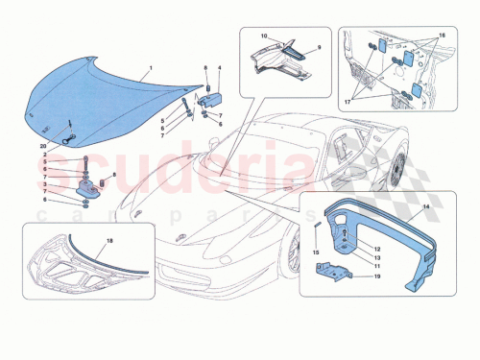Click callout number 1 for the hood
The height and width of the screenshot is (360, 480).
[150, 70]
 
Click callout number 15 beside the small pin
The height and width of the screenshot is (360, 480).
[312, 252]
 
